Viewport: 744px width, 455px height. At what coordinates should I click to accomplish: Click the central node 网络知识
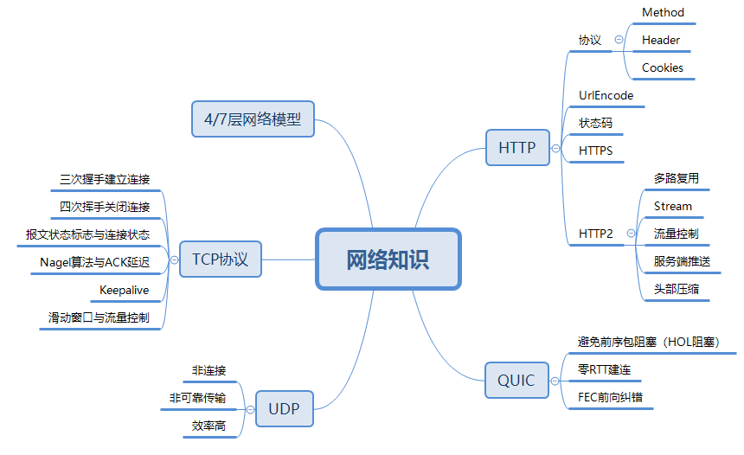coord(388,259)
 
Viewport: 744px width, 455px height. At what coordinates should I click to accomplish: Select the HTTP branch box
coord(516,147)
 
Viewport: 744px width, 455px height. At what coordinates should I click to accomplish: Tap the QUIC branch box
coord(516,380)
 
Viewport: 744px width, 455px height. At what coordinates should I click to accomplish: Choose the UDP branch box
coord(284,408)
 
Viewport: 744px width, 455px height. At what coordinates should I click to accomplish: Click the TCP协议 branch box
coord(220,259)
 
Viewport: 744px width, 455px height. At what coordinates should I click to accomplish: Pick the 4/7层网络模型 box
coord(253,119)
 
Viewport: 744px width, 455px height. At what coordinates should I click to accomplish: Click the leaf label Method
coord(663,13)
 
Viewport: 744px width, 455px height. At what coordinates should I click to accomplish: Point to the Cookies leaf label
coord(663,67)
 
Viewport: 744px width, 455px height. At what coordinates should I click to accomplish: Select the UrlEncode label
coord(606,95)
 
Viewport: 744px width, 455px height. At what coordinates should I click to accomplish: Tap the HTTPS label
coord(595,151)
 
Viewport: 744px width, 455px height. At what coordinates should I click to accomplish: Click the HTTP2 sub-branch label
coord(595,234)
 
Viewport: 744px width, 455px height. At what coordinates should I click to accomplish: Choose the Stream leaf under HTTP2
coord(673,206)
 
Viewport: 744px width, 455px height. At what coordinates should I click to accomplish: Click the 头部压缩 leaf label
coord(677,288)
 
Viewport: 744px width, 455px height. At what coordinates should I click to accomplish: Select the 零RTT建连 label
coord(604,370)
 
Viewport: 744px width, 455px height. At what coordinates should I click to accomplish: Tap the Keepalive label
coord(125,289)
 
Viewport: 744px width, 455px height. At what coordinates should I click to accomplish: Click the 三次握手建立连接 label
coord(105,180)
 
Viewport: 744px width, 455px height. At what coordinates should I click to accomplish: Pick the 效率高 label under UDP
coord(208,426)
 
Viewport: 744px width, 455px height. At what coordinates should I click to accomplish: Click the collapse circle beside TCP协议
coord(174,259)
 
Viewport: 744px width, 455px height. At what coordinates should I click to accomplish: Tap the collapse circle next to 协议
coord(618,40)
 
